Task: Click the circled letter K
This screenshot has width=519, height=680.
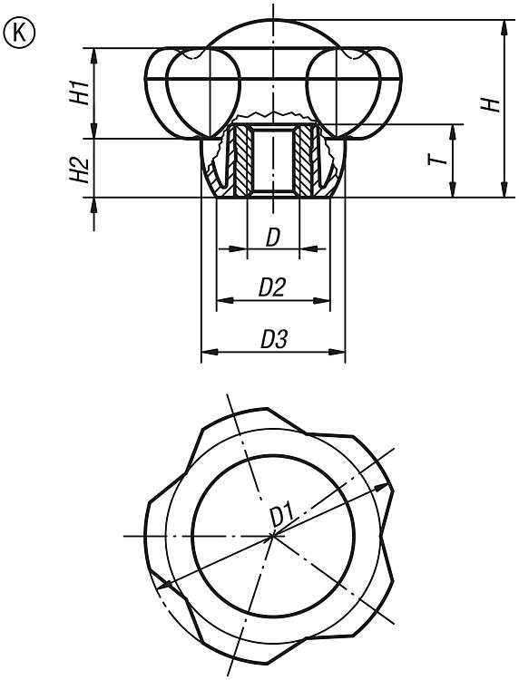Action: coord(19,33)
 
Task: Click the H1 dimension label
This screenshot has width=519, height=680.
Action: coord(80,92)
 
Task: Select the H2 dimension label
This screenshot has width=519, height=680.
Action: coord(80,170)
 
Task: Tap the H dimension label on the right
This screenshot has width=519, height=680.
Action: coord(492,105)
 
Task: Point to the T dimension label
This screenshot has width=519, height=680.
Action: coord(438,160)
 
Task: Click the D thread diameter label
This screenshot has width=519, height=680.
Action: coord(273,238)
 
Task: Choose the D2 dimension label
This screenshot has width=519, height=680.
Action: coord(272,287)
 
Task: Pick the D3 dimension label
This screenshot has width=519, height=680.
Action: coord(274,340)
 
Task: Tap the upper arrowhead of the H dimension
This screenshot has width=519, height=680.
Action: coord(504,27)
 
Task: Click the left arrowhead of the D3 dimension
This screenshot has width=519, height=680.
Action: coord(210,352)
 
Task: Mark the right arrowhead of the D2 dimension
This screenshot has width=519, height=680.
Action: coord(322,300)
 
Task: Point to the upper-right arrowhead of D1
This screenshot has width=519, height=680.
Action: coord(380,488)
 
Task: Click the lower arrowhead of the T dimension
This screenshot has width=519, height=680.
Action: coord(453,189)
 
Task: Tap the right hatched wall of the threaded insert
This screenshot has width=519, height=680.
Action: coord(303,160)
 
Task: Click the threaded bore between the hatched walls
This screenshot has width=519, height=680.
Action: coord(273,160)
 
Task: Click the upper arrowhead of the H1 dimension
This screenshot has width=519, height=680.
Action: coord(94,55)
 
